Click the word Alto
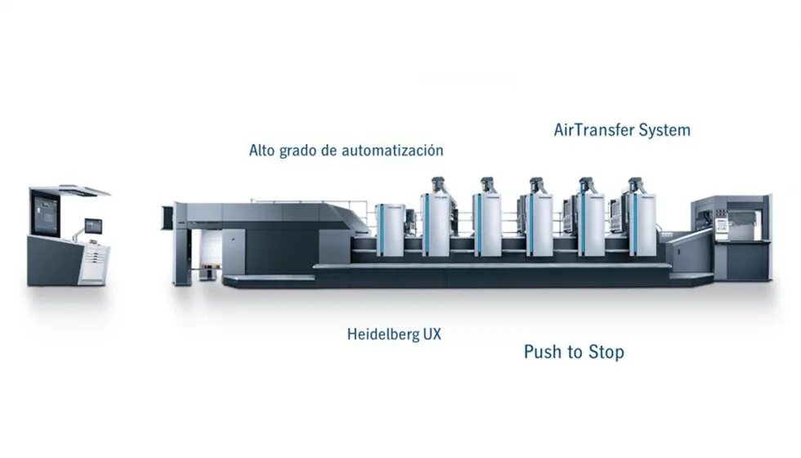point(262,150)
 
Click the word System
point(665,130)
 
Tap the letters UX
point(432,334)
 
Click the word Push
point(543,352)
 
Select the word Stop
point(606,352)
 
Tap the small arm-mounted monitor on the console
point(92,225)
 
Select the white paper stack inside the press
point(203,255)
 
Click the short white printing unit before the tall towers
point(390,230)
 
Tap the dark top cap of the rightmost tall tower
point(634,183)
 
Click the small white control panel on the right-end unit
point(721,225)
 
